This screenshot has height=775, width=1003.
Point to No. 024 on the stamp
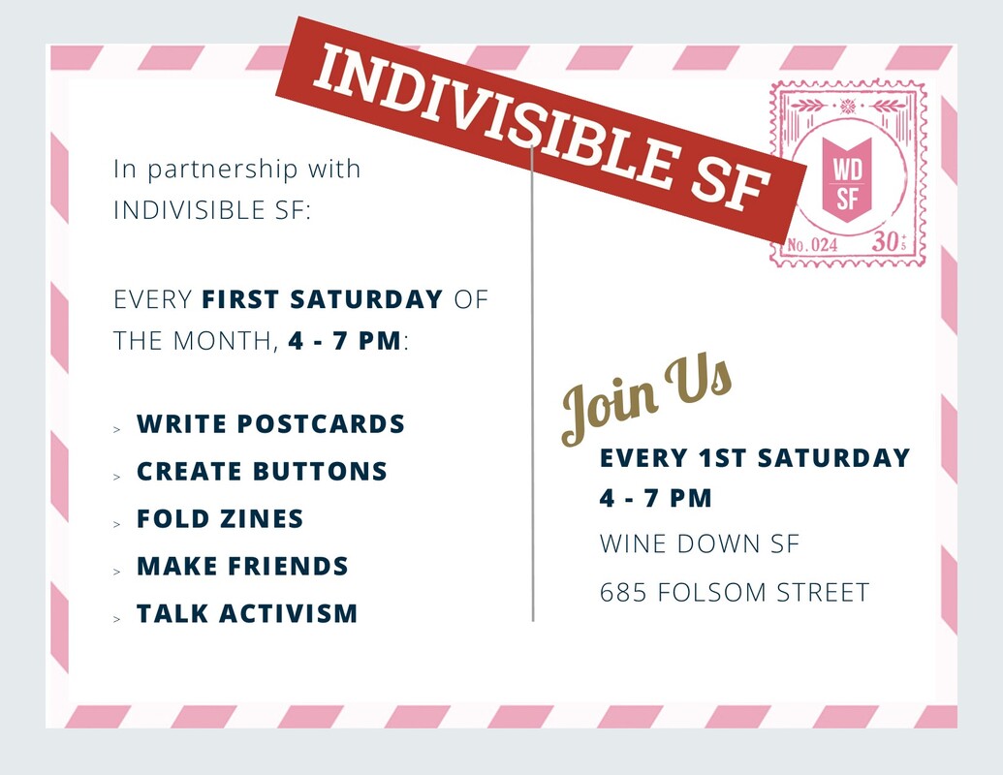(812, 245)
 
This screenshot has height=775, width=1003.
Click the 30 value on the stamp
(886, 242)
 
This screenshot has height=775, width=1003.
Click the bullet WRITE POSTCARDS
(270, 424)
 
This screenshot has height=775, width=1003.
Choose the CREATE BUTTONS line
(262, 472)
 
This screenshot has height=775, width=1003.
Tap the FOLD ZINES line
(220, 518)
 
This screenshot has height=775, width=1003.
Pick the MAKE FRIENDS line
(242, 566)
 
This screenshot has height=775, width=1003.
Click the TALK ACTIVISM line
(247, 613)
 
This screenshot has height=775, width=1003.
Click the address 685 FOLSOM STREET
(735, 592)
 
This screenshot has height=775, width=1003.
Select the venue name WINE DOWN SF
(700, 543)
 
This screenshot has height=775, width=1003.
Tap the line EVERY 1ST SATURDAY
(755, 457)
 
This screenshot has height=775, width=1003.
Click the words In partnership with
(236, 169)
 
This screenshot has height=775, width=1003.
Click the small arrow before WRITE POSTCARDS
(116, 428)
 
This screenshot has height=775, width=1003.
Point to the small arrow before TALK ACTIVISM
(116, 617)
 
